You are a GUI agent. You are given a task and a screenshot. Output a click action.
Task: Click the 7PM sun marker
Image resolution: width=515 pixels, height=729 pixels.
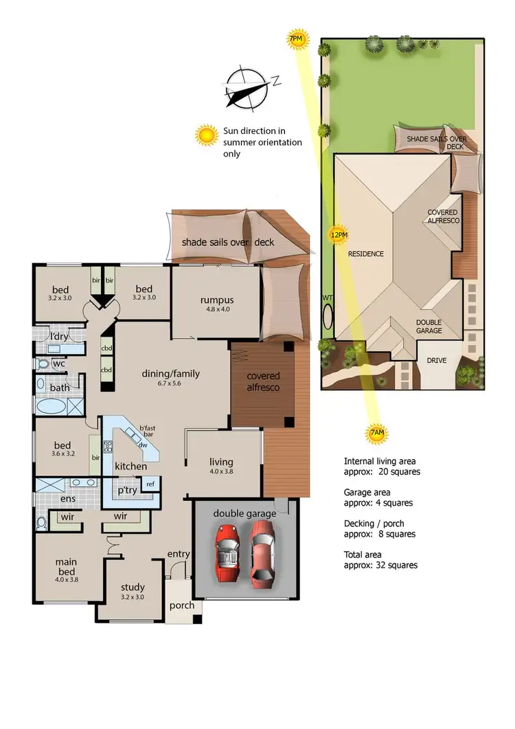[x=295, y=41]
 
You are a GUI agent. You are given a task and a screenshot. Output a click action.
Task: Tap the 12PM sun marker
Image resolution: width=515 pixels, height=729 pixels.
[x=338, y=235]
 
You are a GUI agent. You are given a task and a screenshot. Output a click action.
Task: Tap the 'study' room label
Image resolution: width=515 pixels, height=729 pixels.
[x=133, y=587]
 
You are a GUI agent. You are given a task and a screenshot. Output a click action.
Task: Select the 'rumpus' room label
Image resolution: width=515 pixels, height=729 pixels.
[x=217, y=300]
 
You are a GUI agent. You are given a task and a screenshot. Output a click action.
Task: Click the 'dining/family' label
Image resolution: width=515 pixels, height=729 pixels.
[x=170, y=374]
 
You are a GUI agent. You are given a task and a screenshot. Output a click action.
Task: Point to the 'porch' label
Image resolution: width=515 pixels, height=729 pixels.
[x=182, y=605]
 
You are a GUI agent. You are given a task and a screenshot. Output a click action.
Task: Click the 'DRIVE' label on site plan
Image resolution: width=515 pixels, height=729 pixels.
[x=436, y=360]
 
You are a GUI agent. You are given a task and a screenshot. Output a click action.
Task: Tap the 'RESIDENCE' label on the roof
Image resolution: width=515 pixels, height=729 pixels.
[x=365, y=254]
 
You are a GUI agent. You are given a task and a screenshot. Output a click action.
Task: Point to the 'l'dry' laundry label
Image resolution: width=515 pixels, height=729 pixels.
[x=58, y=337]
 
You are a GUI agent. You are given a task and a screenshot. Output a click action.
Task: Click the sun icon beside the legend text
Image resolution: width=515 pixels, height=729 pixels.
[x=206, y=135]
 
